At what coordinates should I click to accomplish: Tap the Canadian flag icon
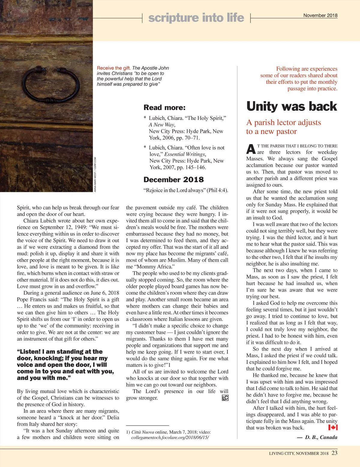point(333,427)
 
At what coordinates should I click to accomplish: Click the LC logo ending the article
point(225,398)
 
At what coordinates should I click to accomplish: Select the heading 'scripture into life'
point(196,18)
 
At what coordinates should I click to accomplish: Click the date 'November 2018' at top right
point(320,15)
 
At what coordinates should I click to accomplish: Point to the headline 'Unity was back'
point(292,106)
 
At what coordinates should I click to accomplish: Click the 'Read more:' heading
point(164,107)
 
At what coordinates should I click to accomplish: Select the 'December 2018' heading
point(173,180)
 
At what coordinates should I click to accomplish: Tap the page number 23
point(334,453)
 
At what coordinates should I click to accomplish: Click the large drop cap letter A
point(251,149)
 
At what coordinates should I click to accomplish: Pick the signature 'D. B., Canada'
point(321,437)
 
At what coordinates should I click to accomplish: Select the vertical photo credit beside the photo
point(95,174)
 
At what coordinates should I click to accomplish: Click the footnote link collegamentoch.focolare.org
point(170,437)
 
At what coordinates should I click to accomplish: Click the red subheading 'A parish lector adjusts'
point(283,122)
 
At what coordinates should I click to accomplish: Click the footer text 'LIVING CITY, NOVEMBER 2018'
point(298,453)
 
